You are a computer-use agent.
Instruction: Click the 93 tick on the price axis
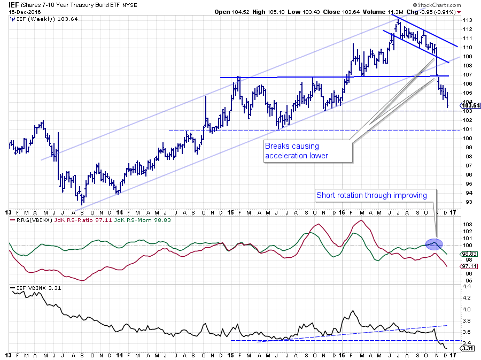[x=466, y=202]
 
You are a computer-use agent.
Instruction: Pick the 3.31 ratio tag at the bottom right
[x=468, y=349]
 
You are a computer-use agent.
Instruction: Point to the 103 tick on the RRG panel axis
[x=466, y=224]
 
